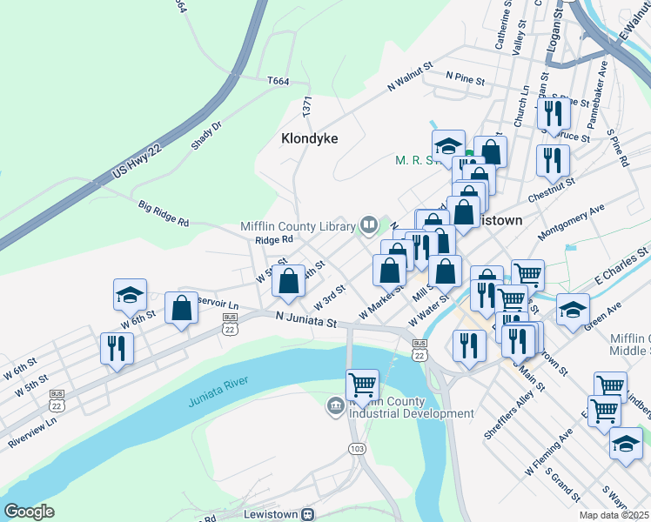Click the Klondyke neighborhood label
310,138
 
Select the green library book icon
368,227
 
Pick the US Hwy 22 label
138,164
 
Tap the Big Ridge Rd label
164,214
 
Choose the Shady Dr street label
206,136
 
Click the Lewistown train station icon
306,514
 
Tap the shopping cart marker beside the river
362,384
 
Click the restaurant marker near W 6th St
117,348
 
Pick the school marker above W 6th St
130,295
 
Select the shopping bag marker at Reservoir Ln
182,308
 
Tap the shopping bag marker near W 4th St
289,281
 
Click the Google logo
30,511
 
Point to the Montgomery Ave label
571,224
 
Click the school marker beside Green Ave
573,309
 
